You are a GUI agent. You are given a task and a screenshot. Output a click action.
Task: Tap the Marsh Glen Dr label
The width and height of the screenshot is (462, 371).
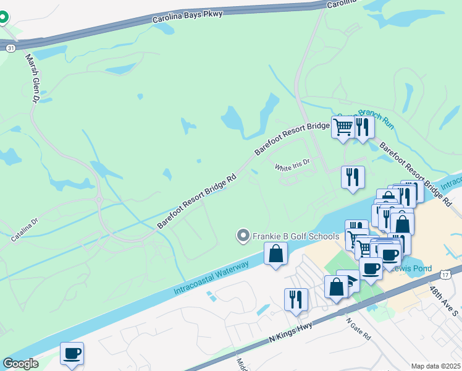tap(32, 77)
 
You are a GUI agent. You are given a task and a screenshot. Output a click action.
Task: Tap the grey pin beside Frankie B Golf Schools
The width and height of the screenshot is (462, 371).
tap(243, 236)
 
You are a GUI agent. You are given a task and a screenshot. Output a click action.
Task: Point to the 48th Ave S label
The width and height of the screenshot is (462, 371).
tap(444, 301)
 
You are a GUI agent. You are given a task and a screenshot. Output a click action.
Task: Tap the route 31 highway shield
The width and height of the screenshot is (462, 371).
tap(10, 48)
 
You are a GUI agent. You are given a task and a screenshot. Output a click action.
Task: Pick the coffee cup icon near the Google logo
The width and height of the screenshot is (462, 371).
tap(72, 353)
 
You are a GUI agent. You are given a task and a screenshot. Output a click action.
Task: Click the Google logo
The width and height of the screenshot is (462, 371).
tap(20, 364)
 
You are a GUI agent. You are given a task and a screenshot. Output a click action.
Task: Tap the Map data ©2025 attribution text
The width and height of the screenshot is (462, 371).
tap(435, 366)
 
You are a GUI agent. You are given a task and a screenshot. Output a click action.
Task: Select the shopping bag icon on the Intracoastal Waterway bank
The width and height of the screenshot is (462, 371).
tap(275, 254)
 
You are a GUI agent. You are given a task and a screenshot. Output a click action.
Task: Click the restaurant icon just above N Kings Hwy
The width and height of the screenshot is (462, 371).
tap(296, 299)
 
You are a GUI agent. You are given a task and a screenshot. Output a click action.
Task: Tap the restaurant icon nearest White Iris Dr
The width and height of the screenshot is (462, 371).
tap(353, 177)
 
